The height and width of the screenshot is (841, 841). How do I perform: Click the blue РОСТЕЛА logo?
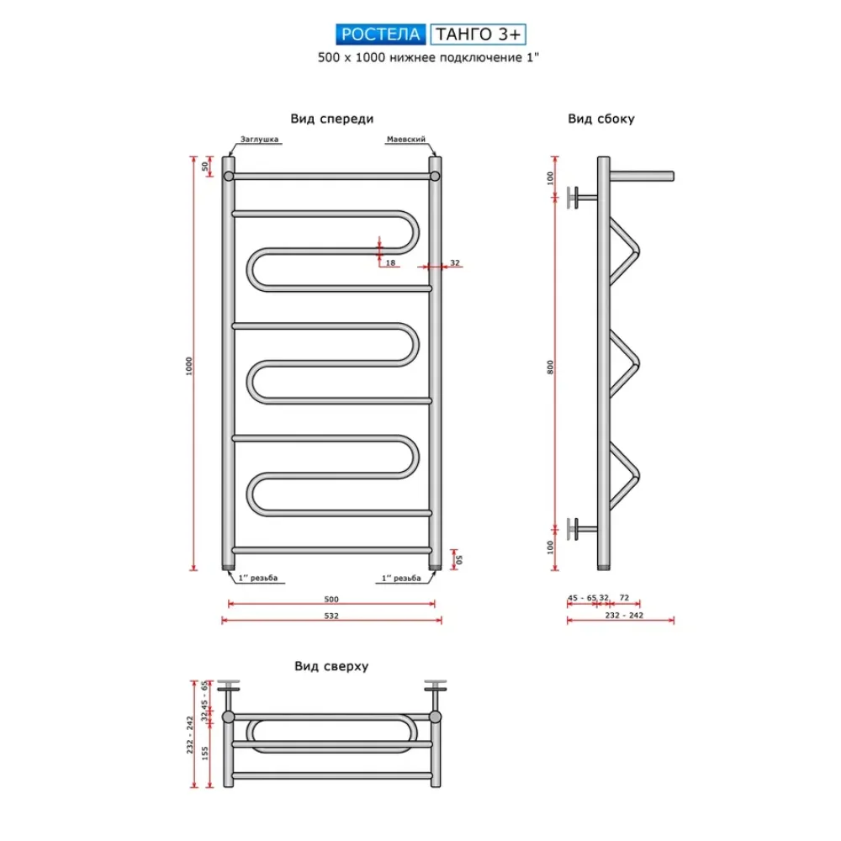(381, 34)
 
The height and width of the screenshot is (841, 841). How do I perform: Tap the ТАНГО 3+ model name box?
(478, 34)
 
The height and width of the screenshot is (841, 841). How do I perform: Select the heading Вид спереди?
(332, 119)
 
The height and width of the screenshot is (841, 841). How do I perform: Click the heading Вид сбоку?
(601, 119)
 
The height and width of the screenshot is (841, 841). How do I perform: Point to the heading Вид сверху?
(331, 666)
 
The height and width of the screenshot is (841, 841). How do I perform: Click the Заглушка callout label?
(259, 140)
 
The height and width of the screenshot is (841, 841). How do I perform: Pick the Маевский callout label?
(406, 140)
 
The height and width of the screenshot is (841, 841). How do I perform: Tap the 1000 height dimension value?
(188, 366)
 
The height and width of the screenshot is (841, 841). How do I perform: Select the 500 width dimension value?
(331, 599)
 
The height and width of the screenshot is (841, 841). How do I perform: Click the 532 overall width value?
(331, 616)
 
